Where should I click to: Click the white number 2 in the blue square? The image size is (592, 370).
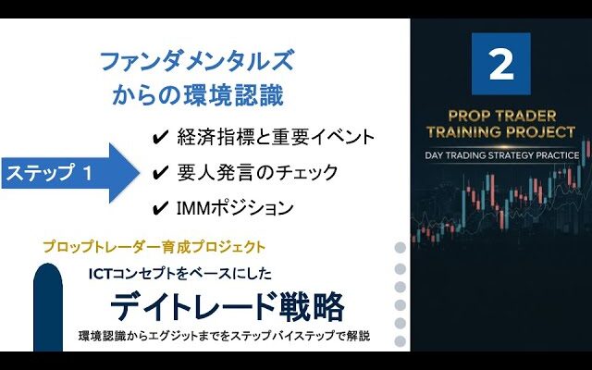pos(501,65)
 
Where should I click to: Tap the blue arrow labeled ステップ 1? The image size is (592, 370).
pos(70,173)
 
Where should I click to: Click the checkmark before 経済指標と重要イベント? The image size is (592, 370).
pos(160,138)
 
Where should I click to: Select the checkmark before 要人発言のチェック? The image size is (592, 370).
pos(160,173)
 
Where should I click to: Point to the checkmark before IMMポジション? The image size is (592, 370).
pos(160,208)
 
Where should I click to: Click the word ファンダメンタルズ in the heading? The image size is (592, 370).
pos(197,61)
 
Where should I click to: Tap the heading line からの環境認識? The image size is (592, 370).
pos(197,94)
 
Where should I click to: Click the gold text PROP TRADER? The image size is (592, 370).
pos(501,116)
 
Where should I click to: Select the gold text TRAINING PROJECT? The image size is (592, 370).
pos(500,132)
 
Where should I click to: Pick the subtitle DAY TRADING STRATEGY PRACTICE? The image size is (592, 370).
pos(501,155)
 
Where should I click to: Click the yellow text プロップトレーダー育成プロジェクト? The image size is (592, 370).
pos(154,247)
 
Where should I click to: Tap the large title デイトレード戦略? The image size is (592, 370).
pos(228,306)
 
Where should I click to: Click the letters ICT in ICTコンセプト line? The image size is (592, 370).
pos(101,274)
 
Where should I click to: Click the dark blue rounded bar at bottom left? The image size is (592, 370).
pos(48,307)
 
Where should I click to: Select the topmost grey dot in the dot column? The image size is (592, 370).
pos(400,248)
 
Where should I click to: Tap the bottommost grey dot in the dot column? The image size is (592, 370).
pos(400,341)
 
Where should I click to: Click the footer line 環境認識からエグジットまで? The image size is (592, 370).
pos(224,336)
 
